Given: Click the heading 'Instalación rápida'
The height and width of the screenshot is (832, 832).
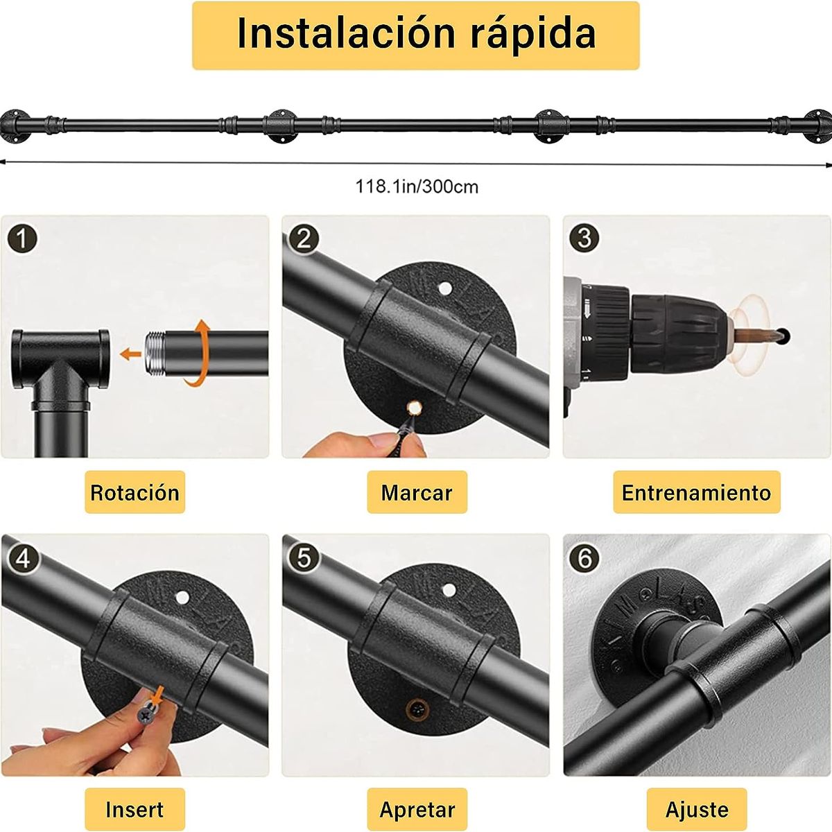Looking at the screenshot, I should point(415,34).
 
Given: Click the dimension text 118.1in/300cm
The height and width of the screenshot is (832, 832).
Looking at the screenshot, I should point(417,187).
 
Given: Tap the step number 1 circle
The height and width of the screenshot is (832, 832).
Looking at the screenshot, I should point(23,239).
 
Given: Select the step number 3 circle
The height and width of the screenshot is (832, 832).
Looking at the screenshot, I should point(584,238).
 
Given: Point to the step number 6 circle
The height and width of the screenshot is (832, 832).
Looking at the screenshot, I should point(584,557).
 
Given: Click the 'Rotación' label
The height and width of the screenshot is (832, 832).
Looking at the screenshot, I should point(135,493).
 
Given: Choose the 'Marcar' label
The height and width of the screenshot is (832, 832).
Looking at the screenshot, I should point(417,493).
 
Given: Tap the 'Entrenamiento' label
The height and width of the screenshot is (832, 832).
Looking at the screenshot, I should point(696,493).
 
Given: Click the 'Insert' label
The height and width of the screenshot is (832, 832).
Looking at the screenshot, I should point(135,810).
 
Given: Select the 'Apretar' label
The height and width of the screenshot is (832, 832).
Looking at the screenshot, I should point(417,810).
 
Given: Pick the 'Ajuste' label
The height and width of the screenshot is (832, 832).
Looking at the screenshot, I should point(696,810).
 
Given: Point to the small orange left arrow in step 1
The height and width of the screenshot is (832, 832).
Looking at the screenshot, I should point(129,354).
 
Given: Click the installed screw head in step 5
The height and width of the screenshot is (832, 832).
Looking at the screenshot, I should point(417,709).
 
